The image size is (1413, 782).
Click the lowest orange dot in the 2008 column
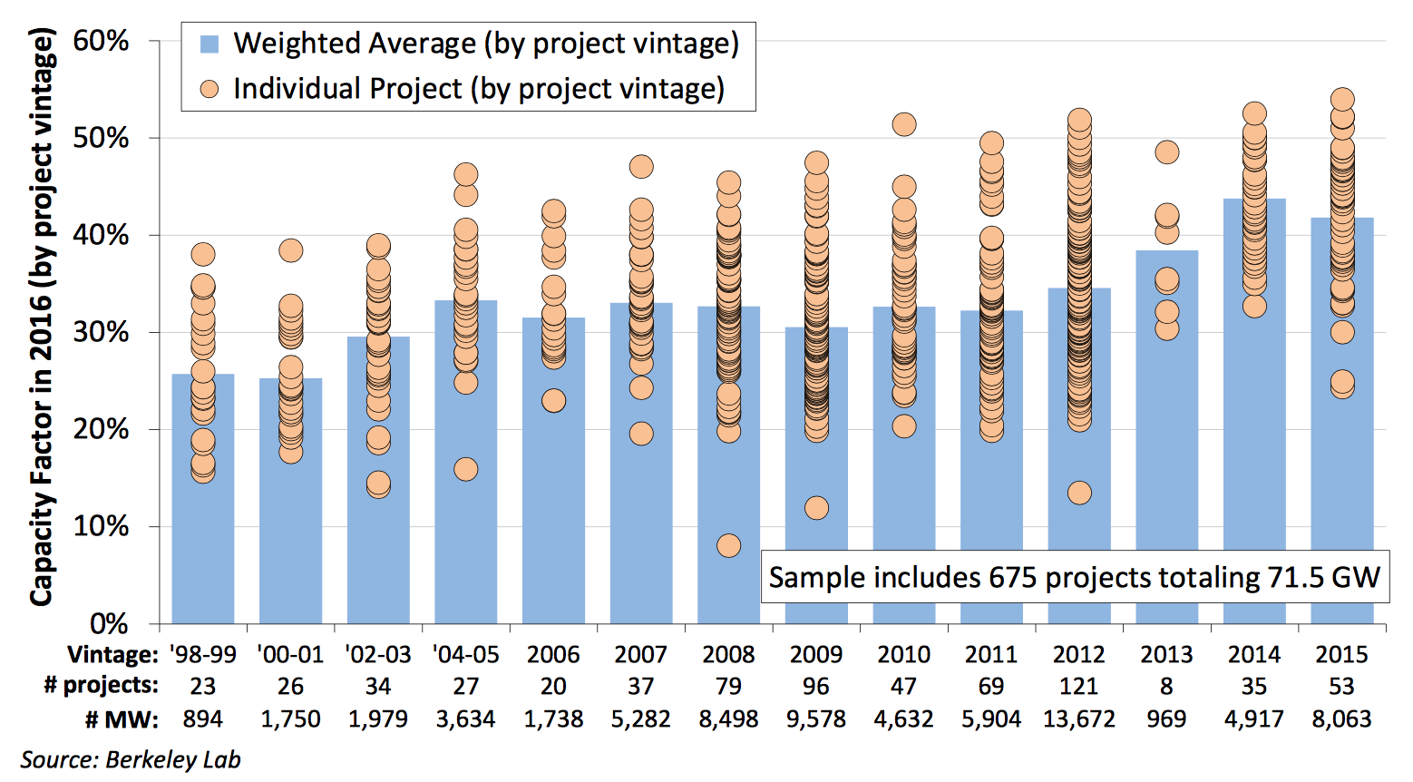point(728,545)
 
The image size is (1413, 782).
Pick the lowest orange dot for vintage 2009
point(816,508)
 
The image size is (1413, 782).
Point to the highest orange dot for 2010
point(904,124)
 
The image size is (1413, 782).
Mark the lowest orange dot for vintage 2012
point(1079,493)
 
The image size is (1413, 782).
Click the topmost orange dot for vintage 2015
point(1342,100)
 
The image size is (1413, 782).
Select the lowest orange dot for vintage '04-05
point(465,469)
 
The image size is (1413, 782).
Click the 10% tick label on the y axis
point(101,526)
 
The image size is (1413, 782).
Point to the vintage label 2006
point(553,655)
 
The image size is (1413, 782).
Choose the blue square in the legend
point(210,44)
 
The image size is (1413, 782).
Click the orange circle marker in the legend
point(210,89)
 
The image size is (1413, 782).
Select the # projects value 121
point(1079,687)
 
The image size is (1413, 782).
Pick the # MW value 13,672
point(1079,719)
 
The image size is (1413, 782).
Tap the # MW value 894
point(203,719)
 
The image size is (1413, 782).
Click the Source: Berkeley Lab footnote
point(131,759)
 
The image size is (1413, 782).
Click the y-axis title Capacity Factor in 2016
point(41,318)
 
